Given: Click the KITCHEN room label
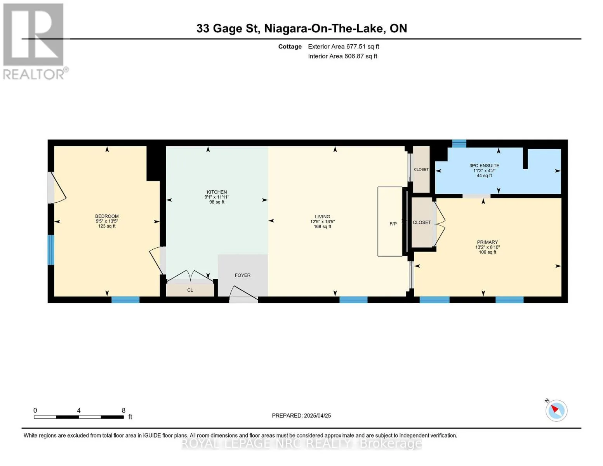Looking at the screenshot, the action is click(217, 192).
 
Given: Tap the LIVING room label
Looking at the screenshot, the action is click(322, 216).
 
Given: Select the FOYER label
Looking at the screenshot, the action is click(243, 275).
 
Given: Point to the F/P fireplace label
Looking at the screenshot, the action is click(393, 224).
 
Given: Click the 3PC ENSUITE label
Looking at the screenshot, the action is click(484, 165).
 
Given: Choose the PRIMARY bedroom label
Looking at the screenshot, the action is click(487, 242).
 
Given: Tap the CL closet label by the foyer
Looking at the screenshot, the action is click(190, 290).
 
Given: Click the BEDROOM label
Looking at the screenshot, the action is click(107, 216).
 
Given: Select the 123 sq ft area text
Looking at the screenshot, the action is click(107, 226).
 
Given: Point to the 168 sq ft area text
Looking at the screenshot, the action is click(322, 226).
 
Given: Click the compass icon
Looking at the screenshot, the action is click(556, 410).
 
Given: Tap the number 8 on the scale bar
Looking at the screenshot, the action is click(123, 410).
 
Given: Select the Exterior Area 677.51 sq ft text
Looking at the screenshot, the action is click(343, 47).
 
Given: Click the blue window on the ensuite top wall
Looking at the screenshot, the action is click(459, 143).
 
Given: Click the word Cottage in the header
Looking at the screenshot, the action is click(290, 47).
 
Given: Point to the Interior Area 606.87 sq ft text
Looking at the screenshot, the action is click(342, 56).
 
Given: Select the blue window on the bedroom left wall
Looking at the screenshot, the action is click(51, 250).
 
